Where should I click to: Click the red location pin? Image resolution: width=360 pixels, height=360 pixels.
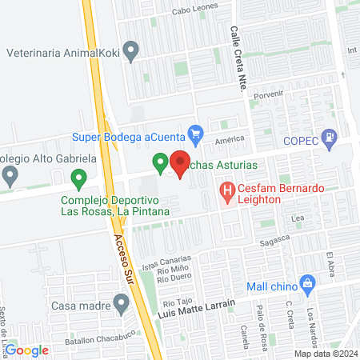179,162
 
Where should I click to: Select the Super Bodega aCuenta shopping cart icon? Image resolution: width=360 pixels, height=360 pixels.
194,131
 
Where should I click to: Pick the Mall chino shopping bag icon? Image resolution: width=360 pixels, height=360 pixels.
307,282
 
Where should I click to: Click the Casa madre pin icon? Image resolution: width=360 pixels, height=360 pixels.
121,303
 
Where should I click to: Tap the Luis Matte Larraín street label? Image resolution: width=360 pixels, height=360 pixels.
198,308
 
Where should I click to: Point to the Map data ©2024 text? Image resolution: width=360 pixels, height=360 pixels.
325,354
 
